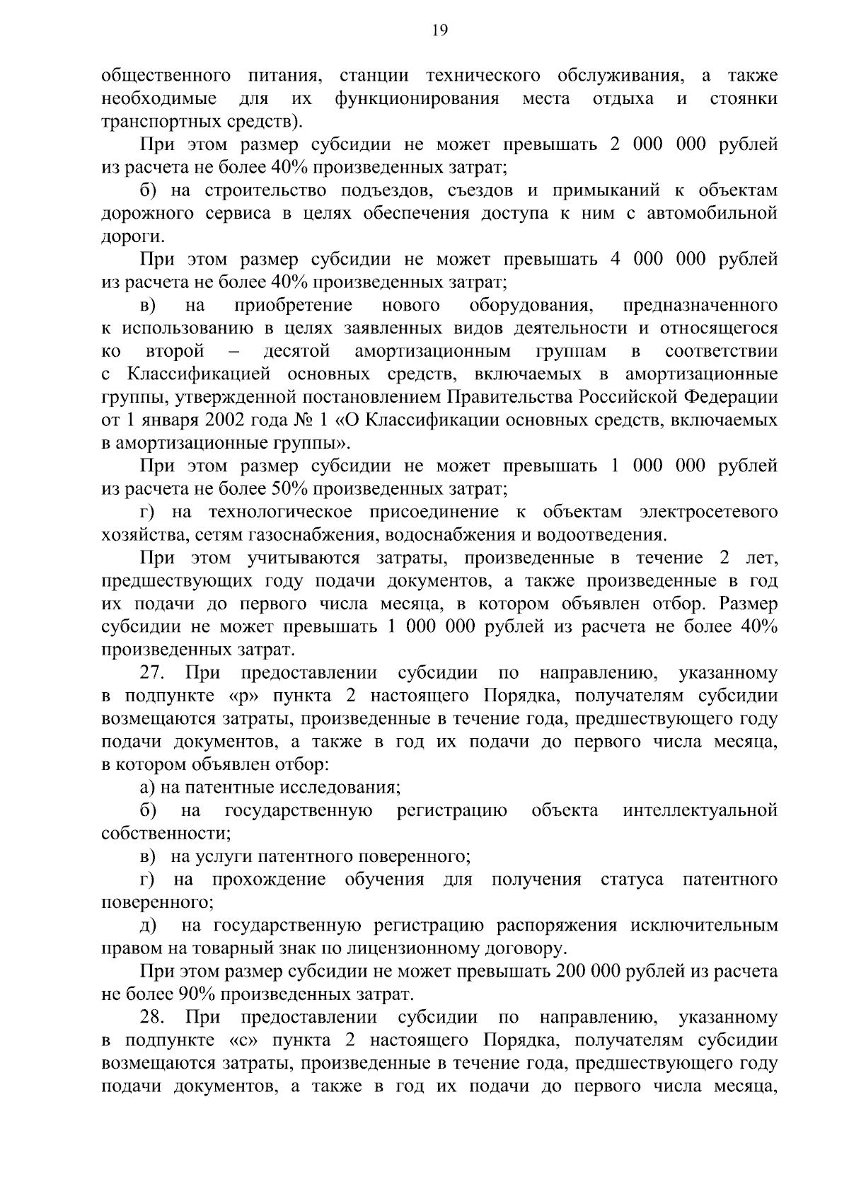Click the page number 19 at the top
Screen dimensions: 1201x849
[x=439, y=30]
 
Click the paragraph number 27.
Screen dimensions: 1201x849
[x=152, y=672]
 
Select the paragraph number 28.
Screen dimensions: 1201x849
[x=152, y=1018]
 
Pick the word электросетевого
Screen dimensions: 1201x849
[x=708, y=512]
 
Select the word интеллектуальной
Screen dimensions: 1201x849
[x=700, y=810]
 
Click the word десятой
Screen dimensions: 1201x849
[x=296, y=351]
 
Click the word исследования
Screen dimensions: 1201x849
[x=340, y=787]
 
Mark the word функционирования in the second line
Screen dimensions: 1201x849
[x=417, y=98]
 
